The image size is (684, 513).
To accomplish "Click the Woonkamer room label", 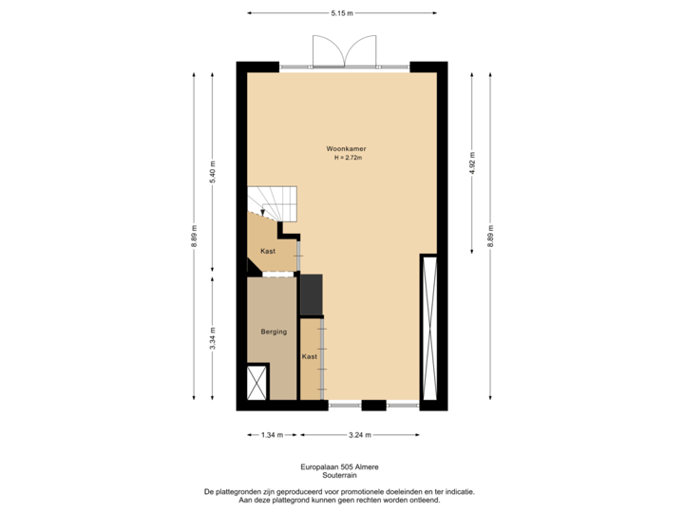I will point(346,149).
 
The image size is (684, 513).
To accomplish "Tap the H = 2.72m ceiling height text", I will point(349,159).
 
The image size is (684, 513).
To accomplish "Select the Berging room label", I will point(274,332).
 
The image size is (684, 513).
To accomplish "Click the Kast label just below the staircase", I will point(268,251).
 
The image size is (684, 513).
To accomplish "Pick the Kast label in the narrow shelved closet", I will point(309,357).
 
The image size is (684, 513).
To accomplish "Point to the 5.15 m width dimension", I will point(342,13).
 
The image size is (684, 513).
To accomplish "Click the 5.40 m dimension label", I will point(213,171).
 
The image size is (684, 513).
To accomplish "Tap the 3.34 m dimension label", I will point(213,338).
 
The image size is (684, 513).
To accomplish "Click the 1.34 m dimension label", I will point(272,435).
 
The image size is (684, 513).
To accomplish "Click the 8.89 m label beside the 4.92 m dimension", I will point(490,235).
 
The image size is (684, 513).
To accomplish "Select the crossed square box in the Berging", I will point(257,383).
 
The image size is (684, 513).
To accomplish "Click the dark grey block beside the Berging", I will point(311,294).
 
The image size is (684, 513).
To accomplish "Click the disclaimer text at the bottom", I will point(341,494).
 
